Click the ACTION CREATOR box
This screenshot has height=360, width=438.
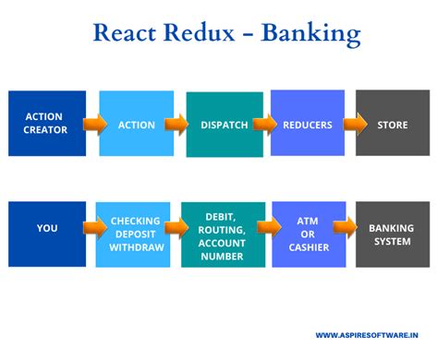tap(46, 124)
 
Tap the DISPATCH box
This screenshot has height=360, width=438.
tap(224, 124)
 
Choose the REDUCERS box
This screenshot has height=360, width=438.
tap(308, 124)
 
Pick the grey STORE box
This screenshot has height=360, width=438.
tap(392, 124)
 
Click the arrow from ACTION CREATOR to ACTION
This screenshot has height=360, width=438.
tap(94, 124)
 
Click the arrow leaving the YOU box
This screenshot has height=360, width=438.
tap(94, 228)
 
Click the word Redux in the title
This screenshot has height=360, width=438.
tap(209, 34)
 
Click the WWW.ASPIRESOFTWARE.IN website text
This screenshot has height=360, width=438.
tap(374, 335)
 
